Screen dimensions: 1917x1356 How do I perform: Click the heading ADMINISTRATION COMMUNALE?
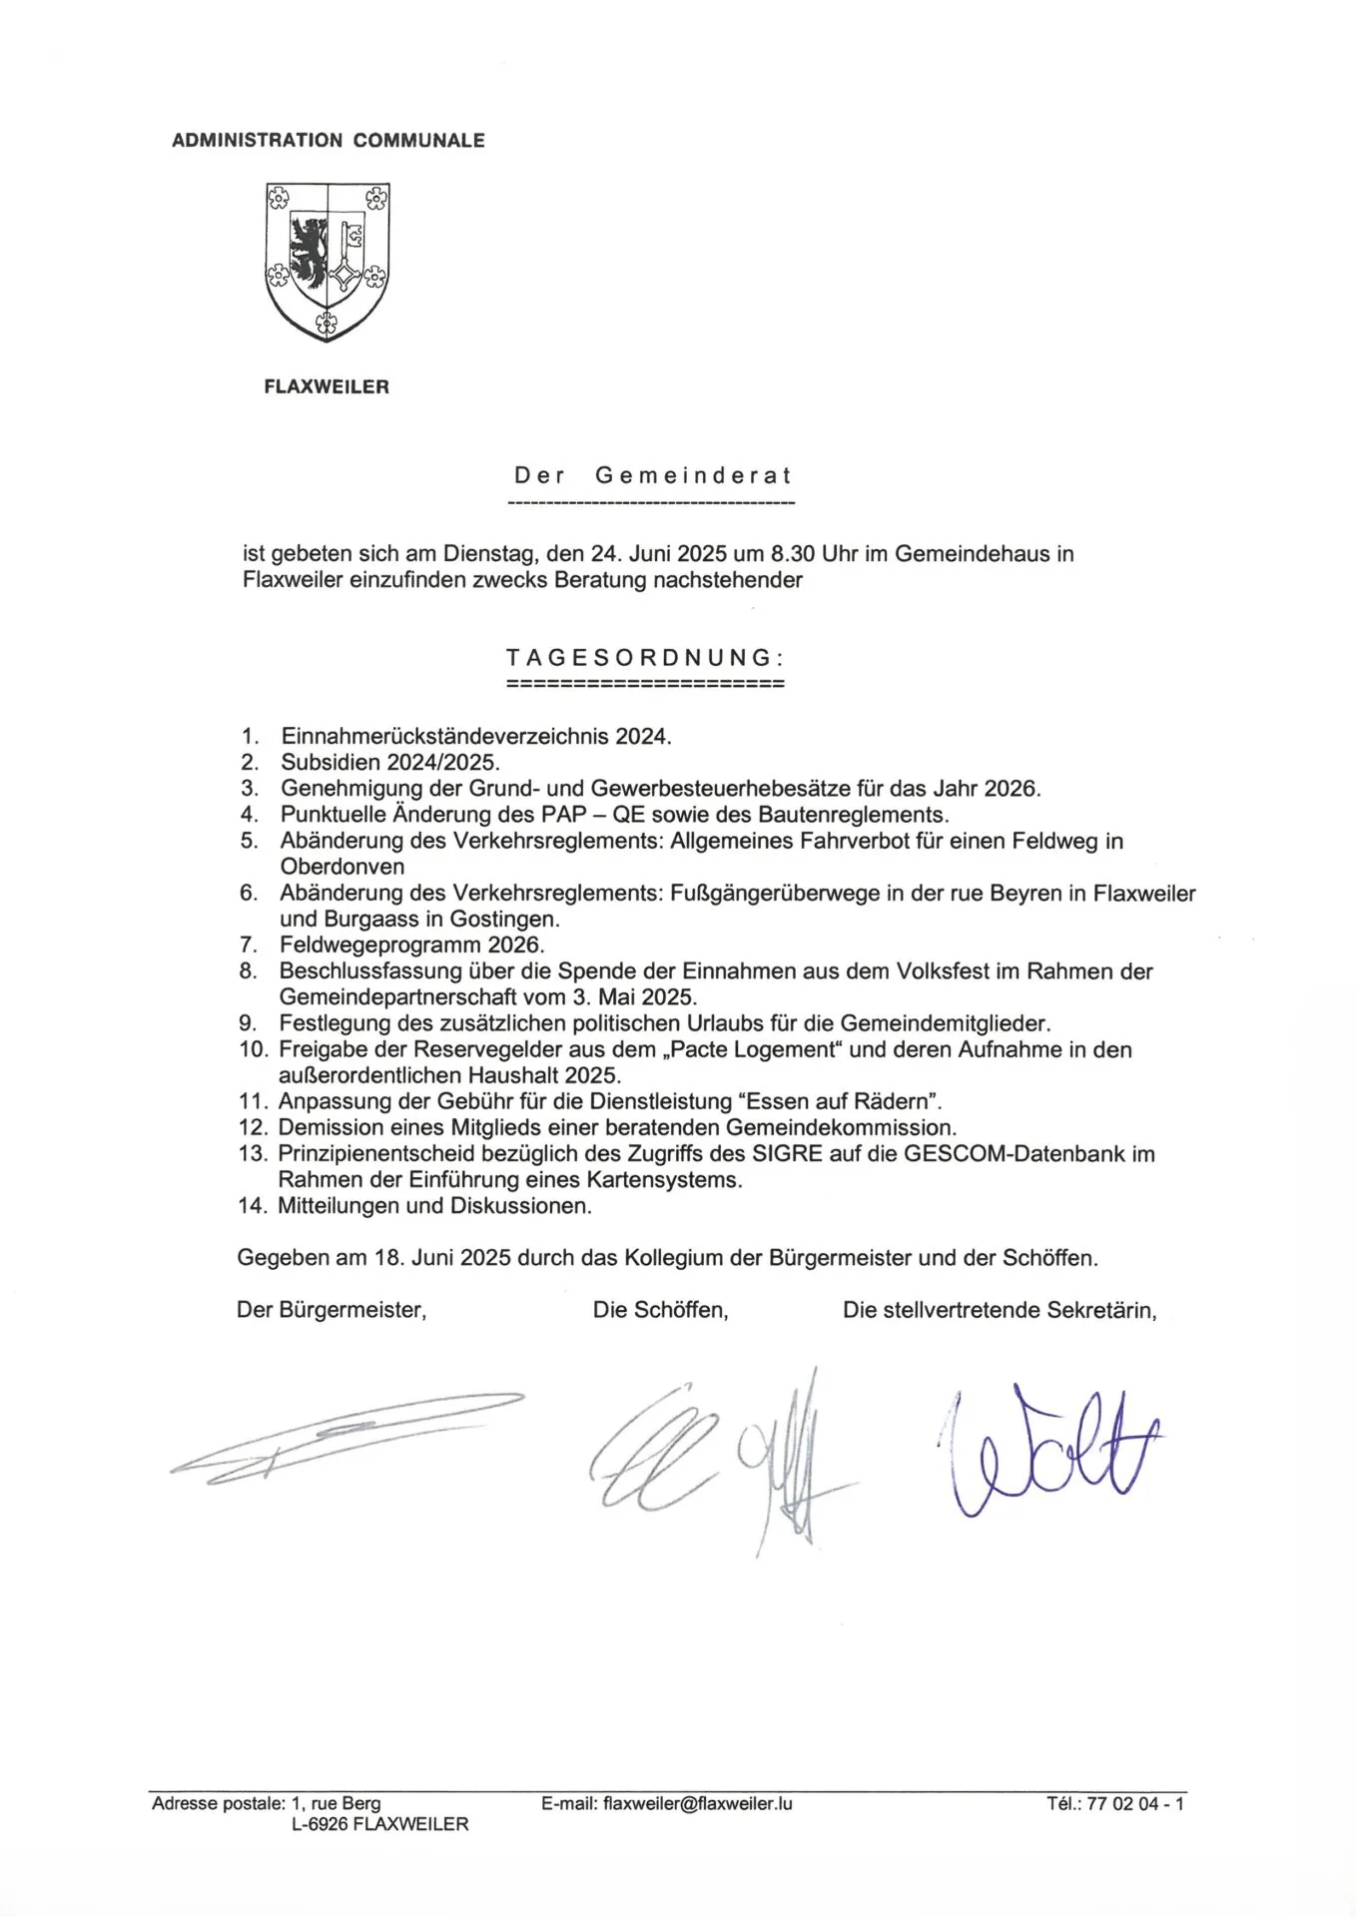click(x=328, y=141)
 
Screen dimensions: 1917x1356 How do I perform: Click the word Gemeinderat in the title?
click(x=693, y=475)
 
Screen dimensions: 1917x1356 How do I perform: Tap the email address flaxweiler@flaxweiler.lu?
click(x=698, y=1803)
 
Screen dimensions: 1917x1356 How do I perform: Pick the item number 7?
click(x=250, y=945)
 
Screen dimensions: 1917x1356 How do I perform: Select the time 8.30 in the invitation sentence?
click(x=793, y=554)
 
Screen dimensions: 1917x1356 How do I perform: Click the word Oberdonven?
click(x=342, y=867)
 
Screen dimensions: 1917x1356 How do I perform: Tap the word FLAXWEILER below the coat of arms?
click(x=327, y=387)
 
